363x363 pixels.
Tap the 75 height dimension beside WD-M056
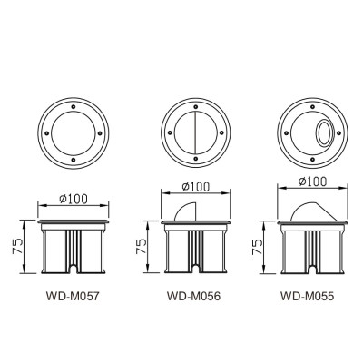click(138, 244)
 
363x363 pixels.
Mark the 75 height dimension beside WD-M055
click(258, 244)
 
